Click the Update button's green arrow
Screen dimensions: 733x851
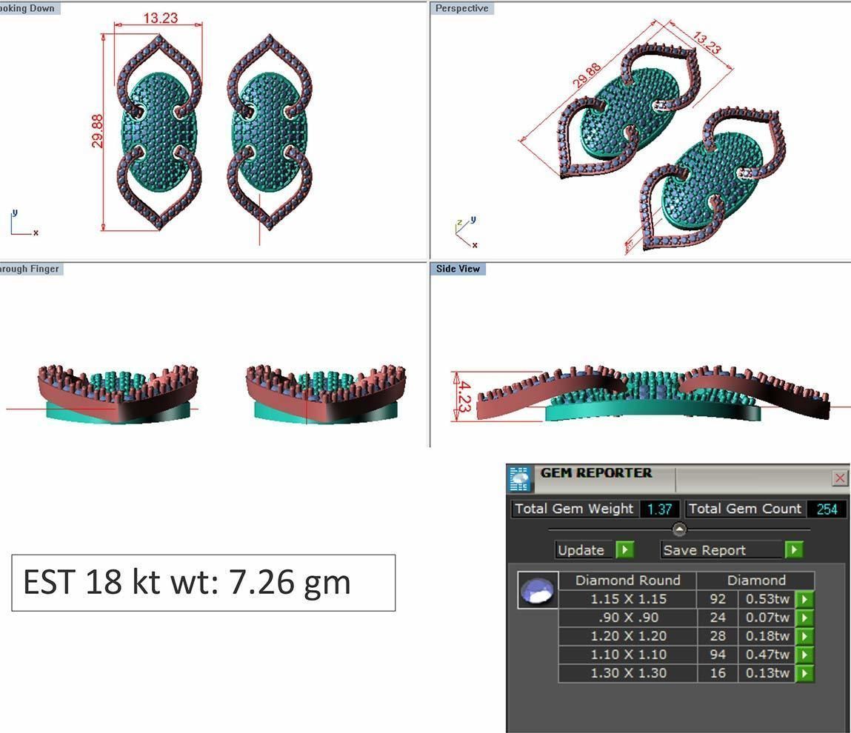coord(625,550)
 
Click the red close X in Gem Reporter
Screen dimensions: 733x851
coord(839,478)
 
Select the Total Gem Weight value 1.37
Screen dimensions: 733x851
coord(659,509)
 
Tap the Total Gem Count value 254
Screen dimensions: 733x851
coord(827,509)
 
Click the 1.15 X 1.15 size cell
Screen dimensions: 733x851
coord(627,599)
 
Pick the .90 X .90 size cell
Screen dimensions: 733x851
coord(627,617)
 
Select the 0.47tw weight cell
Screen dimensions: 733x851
coord(767,655)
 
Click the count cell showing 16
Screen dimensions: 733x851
coord(717,673)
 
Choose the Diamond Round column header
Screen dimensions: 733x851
coord(627,580)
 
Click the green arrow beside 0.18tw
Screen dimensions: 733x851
coord(804,636)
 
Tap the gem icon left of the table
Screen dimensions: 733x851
coord(538,591)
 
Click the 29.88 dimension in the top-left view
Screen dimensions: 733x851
coord(98,130)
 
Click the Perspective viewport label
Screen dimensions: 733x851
coord(461,8)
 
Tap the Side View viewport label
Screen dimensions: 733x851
coord(458,269)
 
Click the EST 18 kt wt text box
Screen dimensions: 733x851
coord(203,583)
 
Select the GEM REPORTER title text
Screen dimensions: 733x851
coord(595,473)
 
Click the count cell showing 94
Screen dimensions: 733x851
coord(717,655)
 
